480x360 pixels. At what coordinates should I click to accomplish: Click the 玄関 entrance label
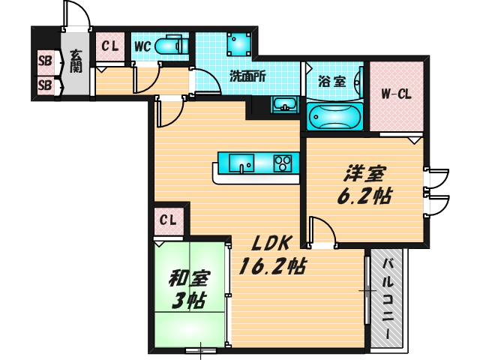pyautogui.click(x=76, y=61)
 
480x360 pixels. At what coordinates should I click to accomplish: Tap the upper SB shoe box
pyautogui.click(x=45, y=60)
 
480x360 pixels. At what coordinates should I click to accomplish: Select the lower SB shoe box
pyautogui.click(x=45, y=85)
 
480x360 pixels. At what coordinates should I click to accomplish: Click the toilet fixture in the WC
pyautogui.click(x=172, y=45)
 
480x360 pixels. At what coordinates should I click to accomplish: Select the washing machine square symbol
pyautogui.click(x=238, y=44)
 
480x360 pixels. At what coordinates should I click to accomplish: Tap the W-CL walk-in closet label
pyautogui.click(x=396, y=94)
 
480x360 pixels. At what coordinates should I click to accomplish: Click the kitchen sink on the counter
pyautogui.click(x=241, y=162)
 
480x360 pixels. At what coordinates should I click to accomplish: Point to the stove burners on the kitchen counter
pyautogui.click(x=282, y=162)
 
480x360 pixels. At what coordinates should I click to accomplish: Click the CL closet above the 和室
pyautogui.click(x=168, y=221)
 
